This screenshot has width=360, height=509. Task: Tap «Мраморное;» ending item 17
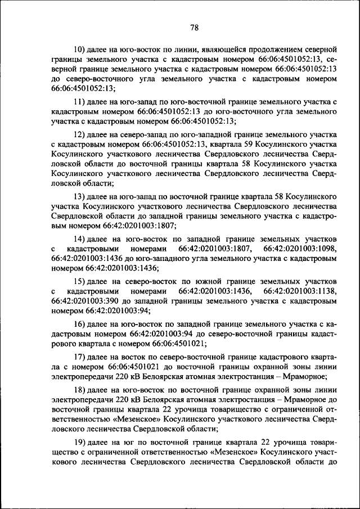coord(304,377)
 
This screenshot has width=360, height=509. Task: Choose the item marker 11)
coord(82,101)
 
